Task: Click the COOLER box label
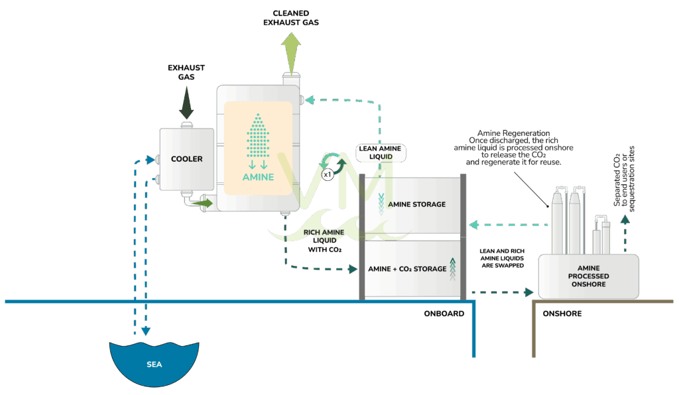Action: click(186, 159)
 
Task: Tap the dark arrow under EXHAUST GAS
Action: click(186, 106)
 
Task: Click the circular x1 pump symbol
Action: click(327, 175)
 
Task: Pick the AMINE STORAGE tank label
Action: click(416, 204)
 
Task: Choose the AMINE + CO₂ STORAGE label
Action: click(406, 269)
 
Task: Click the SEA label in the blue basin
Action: click(154, 365)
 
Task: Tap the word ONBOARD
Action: click(443, 313)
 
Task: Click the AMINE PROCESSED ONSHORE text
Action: click(588, 276)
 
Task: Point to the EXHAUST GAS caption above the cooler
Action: click(186, 72)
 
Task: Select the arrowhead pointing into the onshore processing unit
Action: click(529, 292)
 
